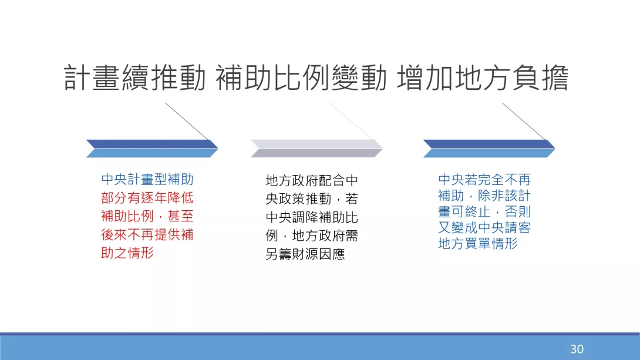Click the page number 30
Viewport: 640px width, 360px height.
point(577,349)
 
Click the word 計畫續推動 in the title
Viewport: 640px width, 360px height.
point(135,78)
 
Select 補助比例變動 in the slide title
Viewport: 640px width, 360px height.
point(301,78)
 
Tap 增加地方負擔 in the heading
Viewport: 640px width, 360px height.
point(483,78)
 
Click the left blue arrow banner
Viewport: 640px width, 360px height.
point(152,149)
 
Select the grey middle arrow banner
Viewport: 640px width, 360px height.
point(316,149)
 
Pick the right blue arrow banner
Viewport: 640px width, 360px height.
point(489,149)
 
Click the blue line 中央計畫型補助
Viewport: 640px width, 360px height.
point(147,179)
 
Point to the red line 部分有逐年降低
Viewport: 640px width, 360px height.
point(147,198)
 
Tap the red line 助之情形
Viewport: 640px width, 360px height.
point(127,253)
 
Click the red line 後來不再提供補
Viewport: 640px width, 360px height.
point(147,235)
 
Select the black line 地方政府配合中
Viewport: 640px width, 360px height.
point(312,180)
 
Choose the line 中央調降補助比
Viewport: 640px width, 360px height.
point(312,217)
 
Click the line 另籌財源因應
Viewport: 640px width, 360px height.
point(305,254)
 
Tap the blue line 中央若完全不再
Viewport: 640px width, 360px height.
point(484,179)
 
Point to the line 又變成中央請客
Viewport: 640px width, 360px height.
point(484,227)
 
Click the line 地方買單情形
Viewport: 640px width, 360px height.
point(478,243)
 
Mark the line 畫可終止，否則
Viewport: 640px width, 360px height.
point(484,211)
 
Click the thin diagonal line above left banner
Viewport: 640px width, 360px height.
point(187,121)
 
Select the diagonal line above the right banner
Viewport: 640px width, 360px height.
point(524,121)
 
